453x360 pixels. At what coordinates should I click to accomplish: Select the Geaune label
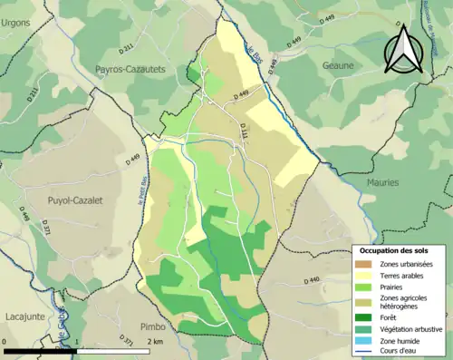pos(339,65)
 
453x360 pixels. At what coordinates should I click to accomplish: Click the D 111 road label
pos(244,133)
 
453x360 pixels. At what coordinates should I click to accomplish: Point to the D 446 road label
pos(24,215)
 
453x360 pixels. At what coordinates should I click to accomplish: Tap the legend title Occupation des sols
pos(400,249)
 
